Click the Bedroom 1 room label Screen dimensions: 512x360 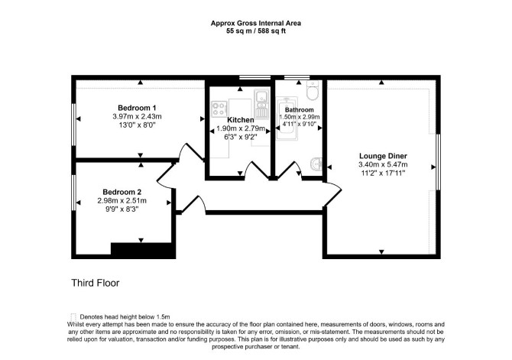137,108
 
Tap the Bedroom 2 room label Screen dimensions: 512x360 122,192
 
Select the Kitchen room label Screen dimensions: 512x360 241,120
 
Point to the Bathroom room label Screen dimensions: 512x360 299,110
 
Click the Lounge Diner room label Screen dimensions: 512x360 383,156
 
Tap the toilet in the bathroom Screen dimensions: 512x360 313,90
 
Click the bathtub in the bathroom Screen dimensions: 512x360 287,118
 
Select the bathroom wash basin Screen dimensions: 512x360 316,164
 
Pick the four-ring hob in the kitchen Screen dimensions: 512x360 219,109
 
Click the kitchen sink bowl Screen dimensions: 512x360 261,97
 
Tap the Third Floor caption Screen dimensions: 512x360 96,283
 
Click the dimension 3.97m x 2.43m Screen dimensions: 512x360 137,116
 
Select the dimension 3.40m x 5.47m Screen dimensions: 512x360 383,164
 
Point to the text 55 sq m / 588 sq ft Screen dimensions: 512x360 256,31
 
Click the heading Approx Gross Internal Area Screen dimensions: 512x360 256,23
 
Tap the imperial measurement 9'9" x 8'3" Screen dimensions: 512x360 122,209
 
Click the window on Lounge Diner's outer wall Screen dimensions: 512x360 438,162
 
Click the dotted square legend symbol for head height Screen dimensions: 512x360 73,317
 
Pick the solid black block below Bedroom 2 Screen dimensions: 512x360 144,251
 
